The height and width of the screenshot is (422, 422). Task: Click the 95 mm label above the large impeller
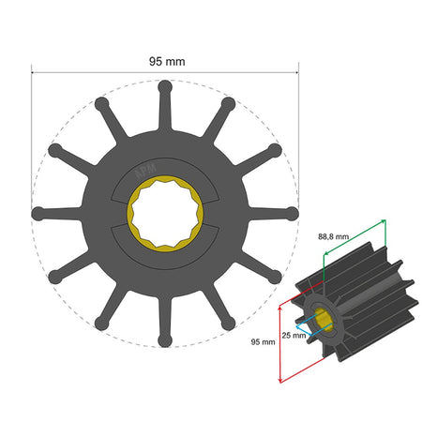pos(166,61)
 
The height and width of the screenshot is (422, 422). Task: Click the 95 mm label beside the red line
pos(264,342)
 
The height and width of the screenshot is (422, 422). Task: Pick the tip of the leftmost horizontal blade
pos(38,214)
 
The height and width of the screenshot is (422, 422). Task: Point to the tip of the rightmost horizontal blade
pos(293,214)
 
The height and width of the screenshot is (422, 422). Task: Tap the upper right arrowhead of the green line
pos(384,222)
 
